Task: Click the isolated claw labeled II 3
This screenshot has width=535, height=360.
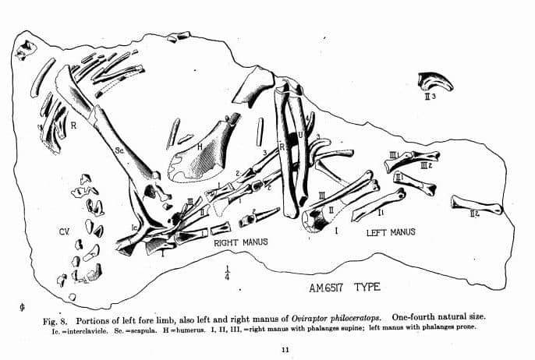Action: [x=430, y=81]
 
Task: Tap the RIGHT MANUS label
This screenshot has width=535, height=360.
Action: [x=241, y=242]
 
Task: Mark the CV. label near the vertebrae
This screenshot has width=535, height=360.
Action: [x=64, y=232]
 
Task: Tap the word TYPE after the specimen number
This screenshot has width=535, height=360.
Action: [x=367, y=287]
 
